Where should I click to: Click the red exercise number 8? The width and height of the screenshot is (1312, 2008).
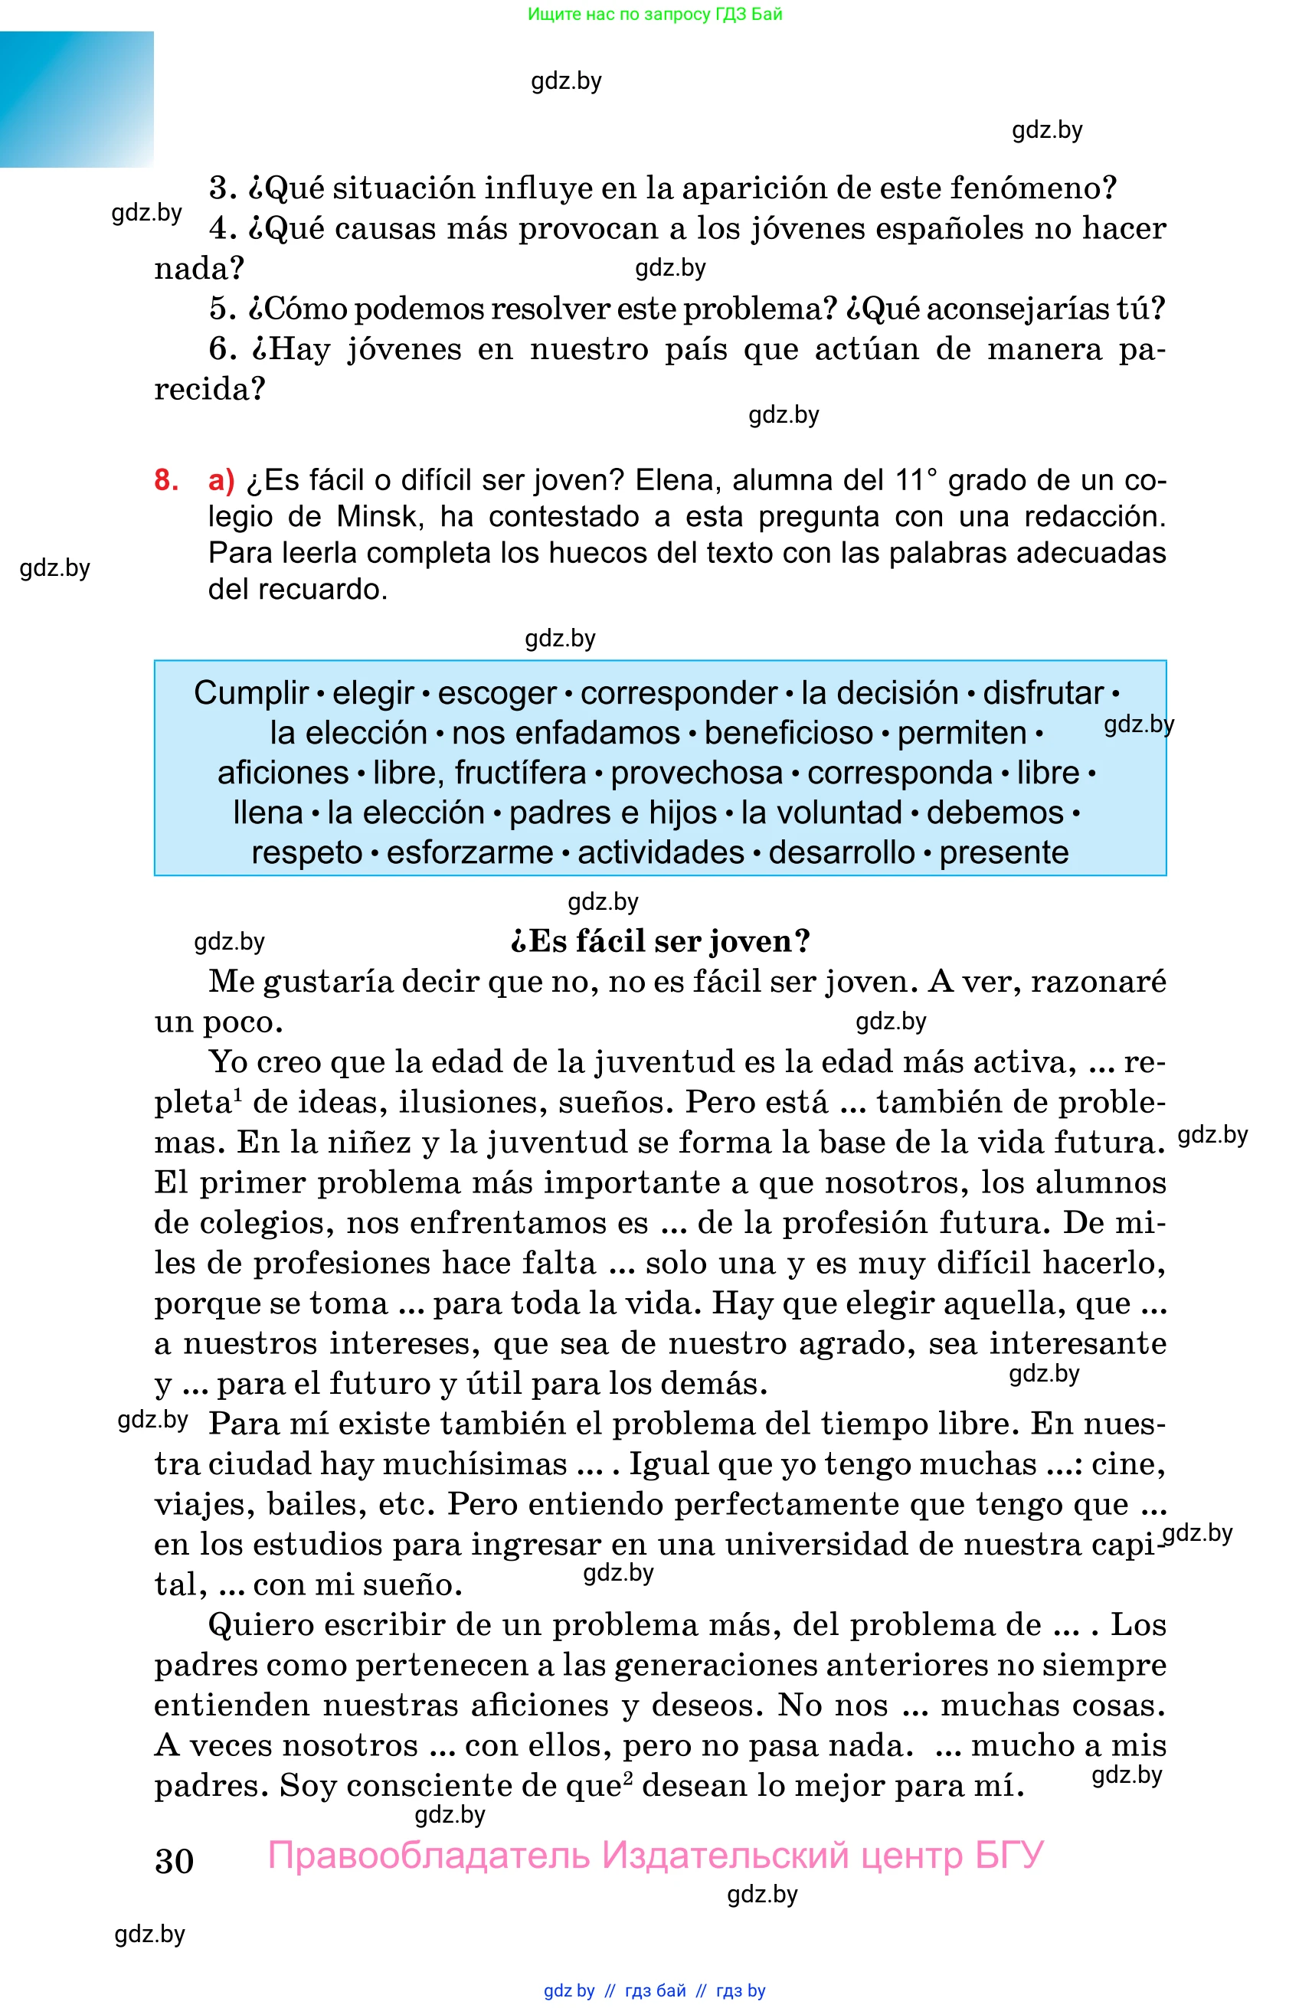click(166, 480)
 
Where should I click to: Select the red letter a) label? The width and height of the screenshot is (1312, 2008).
click(221, 480)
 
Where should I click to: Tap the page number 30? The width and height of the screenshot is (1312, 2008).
click(174, 1861)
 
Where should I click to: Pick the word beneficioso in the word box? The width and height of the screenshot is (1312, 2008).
click(788, 732)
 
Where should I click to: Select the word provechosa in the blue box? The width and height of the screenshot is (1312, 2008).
click(696, 772)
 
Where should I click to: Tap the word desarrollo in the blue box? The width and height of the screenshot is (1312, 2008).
click(841, 852)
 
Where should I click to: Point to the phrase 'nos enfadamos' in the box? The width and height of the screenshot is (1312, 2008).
click(565, 732)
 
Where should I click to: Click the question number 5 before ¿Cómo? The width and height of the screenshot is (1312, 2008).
click(221, 309)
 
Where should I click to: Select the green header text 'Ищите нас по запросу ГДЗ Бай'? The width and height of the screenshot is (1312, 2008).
click(655, 14)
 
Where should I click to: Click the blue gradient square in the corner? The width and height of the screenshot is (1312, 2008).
click(77, 99)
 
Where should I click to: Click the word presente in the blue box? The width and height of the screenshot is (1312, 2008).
click(1003, 852)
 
